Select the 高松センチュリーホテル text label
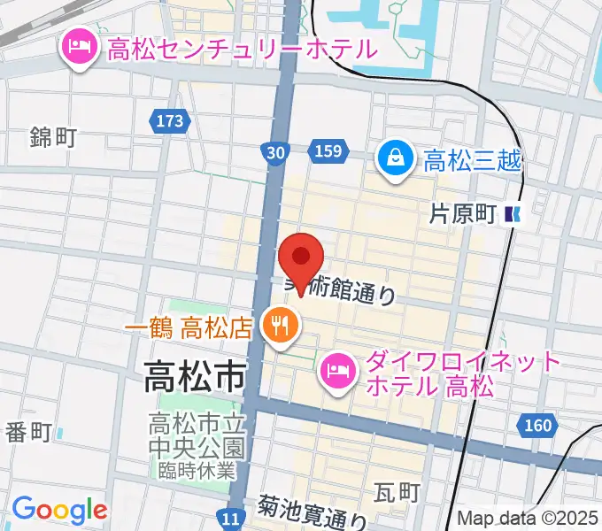pyautogui.click(x=242, y=48)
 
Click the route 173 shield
pyautogui.click(x=167, y=119)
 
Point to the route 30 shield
pyautogui.click(x=275, y=153)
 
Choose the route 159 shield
pyautogui.click(x=327, y=152)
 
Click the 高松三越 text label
pyautogui.click(x=473, y=161)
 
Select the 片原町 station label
pyautogui.click(x=462, y=213)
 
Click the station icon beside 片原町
pyautogui.click(x=513, y=213)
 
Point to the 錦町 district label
pyautogui.click(x=53, y=137)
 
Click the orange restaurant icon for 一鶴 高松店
pyautogui.click(x=278, y=327)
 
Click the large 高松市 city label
pyautogui.click(x=195, y=378)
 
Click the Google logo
pyautogui.click(x=59, y=510)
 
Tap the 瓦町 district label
pyautogui.click(x=395, y=491)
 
